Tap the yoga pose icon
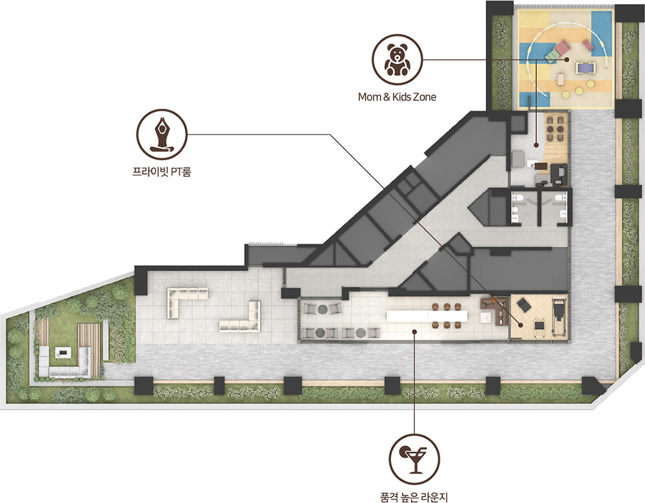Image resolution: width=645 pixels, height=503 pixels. [162, 135]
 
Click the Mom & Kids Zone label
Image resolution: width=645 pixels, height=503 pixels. [397, 97]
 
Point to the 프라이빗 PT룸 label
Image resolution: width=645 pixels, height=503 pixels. [162, 171]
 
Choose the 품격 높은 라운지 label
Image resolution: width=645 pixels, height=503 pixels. [414, 498]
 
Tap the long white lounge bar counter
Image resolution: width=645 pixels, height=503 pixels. [427, 316]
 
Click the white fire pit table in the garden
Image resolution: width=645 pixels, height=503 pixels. [64, 353]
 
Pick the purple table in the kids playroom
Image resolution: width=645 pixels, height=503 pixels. [585, 67]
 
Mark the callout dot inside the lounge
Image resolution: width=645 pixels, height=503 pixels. [415, 332]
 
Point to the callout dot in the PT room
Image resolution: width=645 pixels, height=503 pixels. [521, 325]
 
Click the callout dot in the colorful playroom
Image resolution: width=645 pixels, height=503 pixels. [566, 59]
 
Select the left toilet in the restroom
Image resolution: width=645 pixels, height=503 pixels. [519, 199]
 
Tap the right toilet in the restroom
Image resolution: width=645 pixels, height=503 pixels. [558, 199]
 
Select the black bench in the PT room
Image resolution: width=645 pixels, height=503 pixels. [524, 305]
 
